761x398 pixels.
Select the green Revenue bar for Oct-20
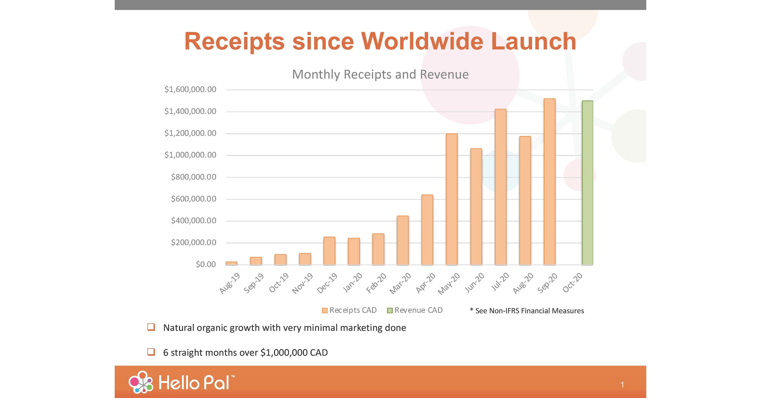coord(587,183)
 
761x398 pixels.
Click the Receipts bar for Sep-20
coord(550,182)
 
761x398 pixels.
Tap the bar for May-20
coord(452,199)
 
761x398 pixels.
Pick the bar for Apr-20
coord(427,230)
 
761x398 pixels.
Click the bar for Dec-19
coord(329,251)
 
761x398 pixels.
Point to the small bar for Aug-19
coord(231,263)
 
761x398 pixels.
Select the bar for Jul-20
coord(501,187)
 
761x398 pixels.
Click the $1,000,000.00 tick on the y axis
coord(190,155)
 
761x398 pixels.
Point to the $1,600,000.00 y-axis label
coord(190,90)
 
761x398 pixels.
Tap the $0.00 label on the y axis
coord(206,264)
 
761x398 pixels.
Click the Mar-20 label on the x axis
coord(400,283)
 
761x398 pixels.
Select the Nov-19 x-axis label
coord(302,283)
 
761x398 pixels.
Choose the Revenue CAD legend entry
coord(415,310)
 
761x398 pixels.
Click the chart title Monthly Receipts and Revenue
coord(380,74)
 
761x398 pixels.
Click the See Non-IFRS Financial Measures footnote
coord(527,311)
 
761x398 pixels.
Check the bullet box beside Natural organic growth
coord(151,327)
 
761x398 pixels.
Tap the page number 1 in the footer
coord(622,385)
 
